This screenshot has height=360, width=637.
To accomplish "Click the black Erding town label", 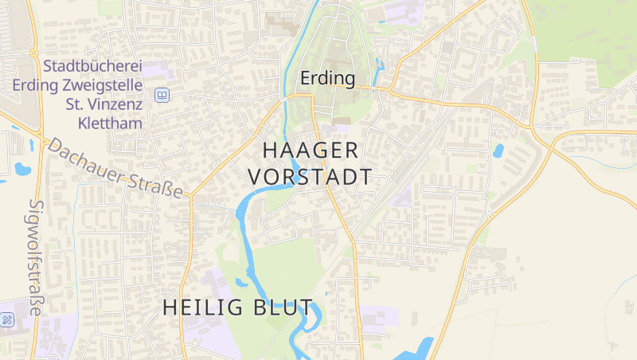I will point(326,78).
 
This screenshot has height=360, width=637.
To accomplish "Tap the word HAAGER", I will point(310,150).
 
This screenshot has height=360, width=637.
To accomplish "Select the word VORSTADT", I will point(310,176).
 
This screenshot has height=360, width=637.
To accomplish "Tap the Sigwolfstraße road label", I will point(36,256).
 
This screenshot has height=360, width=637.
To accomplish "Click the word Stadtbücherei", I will point(93,68).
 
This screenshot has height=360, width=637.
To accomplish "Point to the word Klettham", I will point(110,123).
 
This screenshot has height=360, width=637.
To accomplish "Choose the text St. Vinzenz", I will point(104,104).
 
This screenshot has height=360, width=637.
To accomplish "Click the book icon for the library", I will point(162,95).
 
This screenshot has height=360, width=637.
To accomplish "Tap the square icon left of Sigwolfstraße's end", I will point(7,320).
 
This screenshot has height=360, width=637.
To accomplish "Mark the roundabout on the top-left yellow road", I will point(33,53).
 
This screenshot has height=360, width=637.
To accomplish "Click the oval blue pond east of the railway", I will point(498,150).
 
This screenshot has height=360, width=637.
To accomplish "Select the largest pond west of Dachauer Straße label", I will point(20,169).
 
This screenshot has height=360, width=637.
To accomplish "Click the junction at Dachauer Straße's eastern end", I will point(191,194).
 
